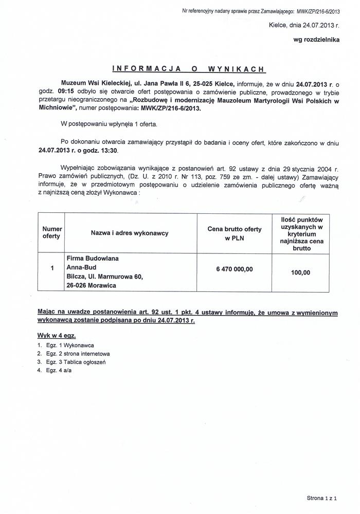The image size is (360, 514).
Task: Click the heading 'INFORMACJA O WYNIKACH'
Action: coord(188,68)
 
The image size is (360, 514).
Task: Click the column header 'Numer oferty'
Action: coord(52,232)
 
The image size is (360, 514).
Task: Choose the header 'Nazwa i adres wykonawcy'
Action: coord(130,233)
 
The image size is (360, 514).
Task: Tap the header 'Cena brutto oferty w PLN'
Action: coord(234,233)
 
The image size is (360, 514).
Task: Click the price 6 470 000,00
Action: coord(234,269)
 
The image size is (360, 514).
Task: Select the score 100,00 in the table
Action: coord(300,272)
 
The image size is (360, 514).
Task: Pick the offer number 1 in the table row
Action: coord(52,268)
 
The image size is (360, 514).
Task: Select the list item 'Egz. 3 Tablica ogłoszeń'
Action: coord(75,362)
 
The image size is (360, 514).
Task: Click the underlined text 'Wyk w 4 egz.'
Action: coord(57,335)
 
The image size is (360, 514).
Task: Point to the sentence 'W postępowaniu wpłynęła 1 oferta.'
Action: coord(109,124)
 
